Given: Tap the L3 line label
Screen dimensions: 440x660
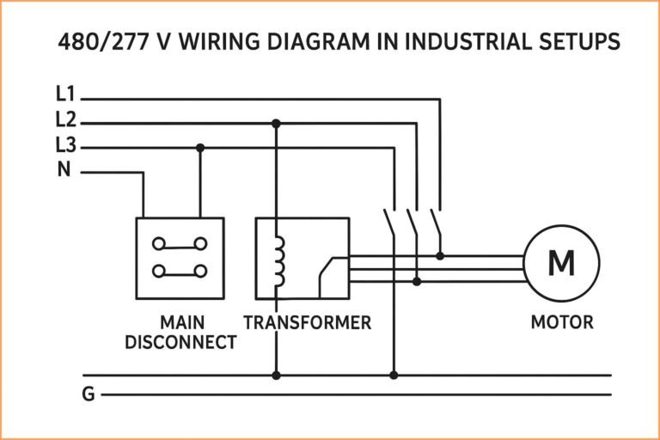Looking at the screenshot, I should coord(65,146).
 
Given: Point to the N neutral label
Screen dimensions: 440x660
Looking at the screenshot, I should coord(64,170).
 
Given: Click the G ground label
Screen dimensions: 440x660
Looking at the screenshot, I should coord(88,395).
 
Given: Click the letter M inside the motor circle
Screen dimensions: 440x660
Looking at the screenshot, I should coord(561,263).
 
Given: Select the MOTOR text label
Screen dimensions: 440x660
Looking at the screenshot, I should coord(561,323).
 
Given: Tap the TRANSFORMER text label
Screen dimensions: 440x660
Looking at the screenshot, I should coord(307,323).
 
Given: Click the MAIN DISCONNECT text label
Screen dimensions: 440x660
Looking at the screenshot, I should coord(180,333).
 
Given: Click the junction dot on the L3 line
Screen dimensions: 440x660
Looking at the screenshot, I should coord(200,147).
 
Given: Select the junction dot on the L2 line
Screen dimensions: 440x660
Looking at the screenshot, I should coord(276,123).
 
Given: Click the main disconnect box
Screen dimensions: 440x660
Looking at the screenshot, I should coord(180,258).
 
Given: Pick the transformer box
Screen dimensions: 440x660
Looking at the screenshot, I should coord(302,258).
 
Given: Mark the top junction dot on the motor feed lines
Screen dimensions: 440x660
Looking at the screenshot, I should coord(440,255).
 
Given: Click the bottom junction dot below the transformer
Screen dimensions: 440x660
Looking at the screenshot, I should coord(276,375).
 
